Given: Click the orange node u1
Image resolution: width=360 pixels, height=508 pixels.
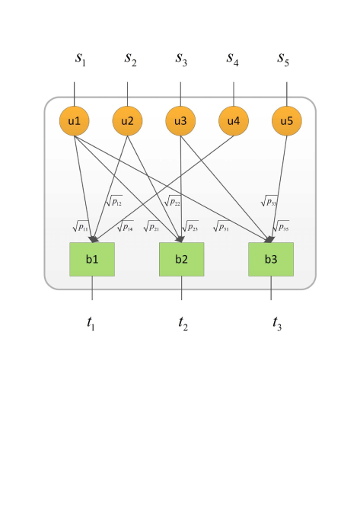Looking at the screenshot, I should click(75, 120).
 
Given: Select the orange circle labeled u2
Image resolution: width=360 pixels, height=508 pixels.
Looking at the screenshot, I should click(128, 120).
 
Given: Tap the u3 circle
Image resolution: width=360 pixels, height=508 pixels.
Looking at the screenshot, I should click(180, 120).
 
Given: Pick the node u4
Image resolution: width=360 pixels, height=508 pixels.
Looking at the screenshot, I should click(234, 120).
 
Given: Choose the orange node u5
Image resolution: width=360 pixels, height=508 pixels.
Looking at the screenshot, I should click(286, 120).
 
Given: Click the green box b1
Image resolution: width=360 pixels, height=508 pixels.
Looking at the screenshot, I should click(92, 259).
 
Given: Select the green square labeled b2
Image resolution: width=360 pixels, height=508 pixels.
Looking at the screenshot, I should click(181, 259).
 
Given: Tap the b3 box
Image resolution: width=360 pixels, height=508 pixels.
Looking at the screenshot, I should click(271, 259).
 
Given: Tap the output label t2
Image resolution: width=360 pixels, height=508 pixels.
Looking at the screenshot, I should click(183, 323).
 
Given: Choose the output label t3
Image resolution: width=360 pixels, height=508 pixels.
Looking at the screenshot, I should click(277, 323).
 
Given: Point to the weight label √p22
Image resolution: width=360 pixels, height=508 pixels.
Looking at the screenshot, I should click(173, 201).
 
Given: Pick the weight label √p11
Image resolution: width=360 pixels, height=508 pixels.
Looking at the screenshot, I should click(81, 226).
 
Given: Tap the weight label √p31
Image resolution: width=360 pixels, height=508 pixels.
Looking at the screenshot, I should click(221, 226).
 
